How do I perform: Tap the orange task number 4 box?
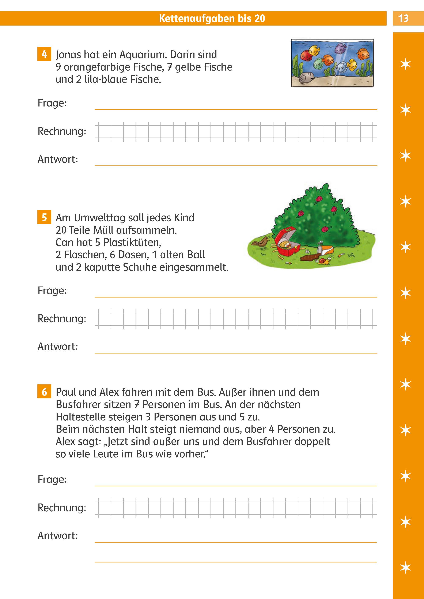click(x=44, y=54)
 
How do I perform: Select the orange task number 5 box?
click(x=44, y=217)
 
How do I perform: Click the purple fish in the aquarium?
click(x=340, y=48)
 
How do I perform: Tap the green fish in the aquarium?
click(x=318, y=63)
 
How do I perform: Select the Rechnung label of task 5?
click(x=62, y=318)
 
